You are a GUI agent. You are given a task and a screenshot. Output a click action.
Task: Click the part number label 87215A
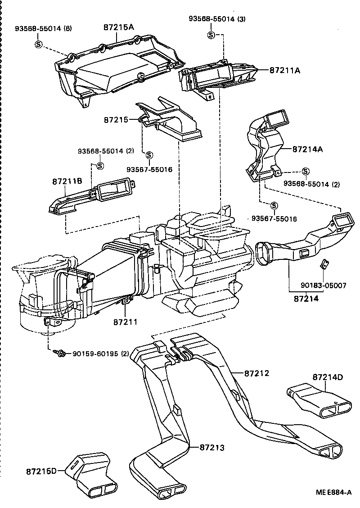119,27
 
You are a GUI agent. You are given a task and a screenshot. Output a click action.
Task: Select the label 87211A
285,71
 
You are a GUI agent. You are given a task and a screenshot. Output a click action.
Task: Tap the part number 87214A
308,149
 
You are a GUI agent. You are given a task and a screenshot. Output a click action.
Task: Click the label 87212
257,373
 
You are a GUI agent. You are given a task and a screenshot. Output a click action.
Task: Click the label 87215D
41,471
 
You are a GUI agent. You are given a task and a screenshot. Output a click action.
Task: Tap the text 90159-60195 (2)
95,354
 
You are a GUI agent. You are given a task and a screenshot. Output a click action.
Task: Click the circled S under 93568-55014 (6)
38,44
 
